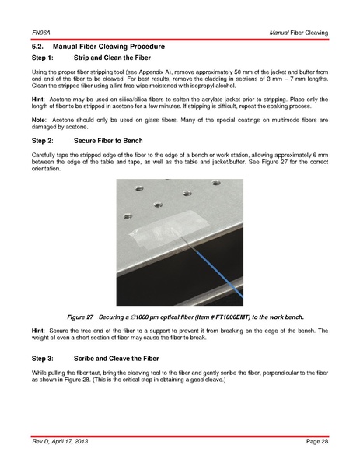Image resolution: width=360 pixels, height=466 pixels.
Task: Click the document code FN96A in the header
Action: [x=41, y=33]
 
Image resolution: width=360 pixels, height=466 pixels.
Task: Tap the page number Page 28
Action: [x=317, y=441]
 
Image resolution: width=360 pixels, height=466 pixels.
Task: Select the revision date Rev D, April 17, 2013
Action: [x=60, y=441]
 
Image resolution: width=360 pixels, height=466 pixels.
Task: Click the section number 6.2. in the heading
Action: [x=38, y=47]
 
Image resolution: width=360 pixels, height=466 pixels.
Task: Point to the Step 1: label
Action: [x=43, y=58]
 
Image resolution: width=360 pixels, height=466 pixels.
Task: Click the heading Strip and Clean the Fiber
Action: [x=112, y=58]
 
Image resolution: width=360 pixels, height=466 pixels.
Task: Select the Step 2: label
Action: [x=43, y=141]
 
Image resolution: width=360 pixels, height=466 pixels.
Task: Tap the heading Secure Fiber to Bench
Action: [x=108, y=141]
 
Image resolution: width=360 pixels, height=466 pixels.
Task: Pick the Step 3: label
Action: [x=43, y=359]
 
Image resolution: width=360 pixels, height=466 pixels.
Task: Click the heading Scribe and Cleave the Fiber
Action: [x=116, y=359]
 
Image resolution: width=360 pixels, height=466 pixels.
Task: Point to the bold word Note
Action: [x=38, y=120]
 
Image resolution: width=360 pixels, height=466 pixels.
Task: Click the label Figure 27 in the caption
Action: [x=80, y=317]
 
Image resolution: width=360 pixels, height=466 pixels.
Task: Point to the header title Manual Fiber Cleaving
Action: [x=299, y=33]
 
